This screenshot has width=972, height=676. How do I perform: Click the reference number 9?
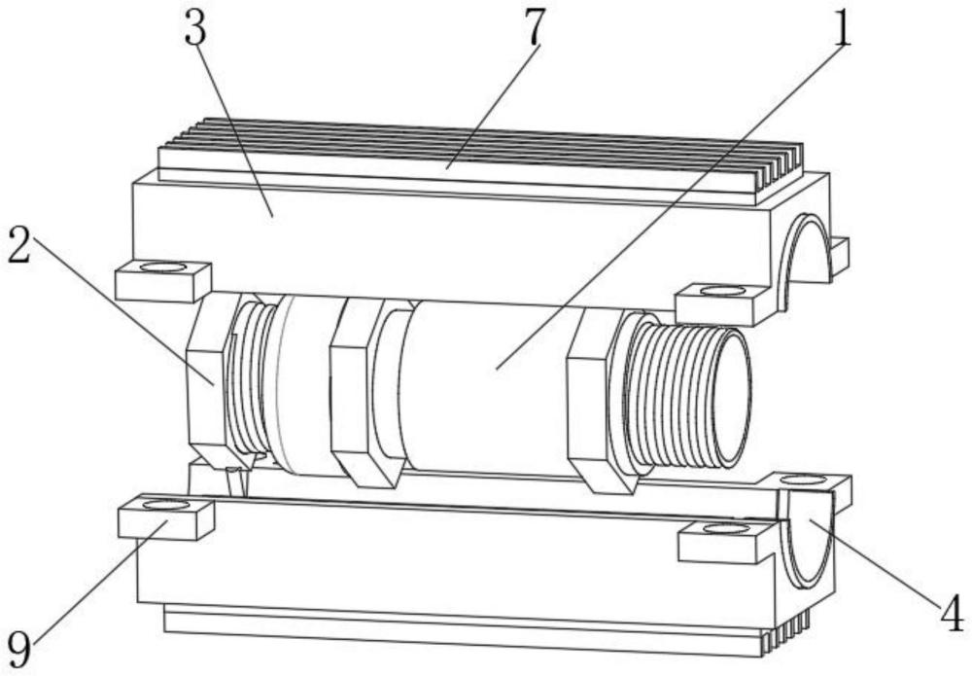pos(21,644)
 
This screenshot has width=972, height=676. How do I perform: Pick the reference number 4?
pos(951,615)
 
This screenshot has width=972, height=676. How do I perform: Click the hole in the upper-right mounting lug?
pos(720,290)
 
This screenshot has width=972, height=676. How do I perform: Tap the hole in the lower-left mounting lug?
pos(164,505)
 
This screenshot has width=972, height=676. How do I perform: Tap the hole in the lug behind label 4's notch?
pos(803,480)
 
